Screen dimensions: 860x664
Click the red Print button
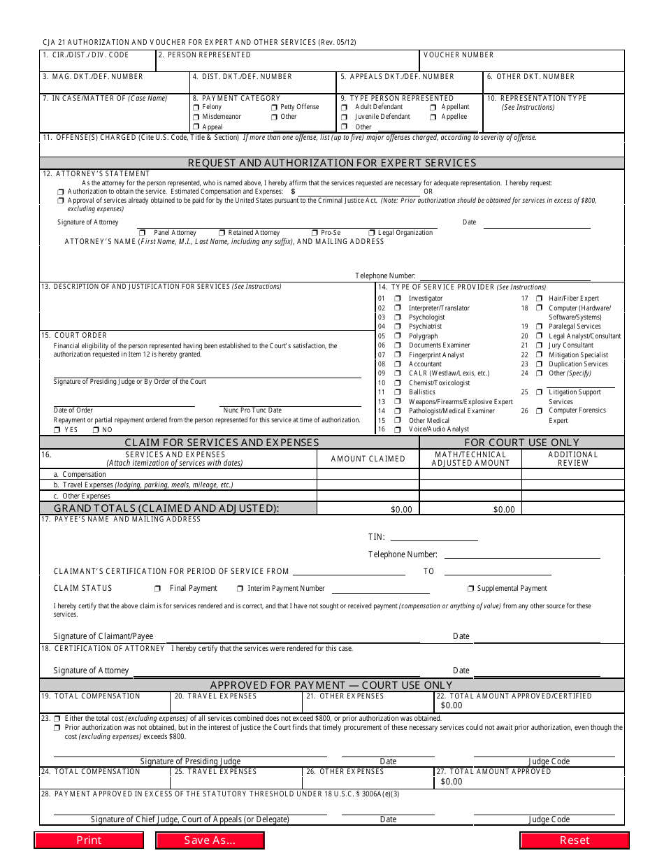pyautogui.click(x=89, y=840)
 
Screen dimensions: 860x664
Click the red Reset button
pyautogui.click(x=574, y=840)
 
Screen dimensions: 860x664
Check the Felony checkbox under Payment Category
pyautogui.click(x=196, y=108)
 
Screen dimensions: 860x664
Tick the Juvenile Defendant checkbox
pyautogui.click(x=345, y=117)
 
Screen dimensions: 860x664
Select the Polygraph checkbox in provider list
pyautogui.click(x=398, y=336)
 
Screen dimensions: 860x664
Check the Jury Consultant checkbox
pyautogui.click(x=540, y=345)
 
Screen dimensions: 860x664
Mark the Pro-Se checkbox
pyautogui.click(x=315, y=233)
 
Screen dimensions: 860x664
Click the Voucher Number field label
pyautogui.click(x=459, y=55)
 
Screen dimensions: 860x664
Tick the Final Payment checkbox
pyautogui.click(x=158, y=589)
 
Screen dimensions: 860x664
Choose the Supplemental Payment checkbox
pyautogui.click(x=471, y=589)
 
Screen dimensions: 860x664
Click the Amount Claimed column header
pyautogui.click(x=368, y=459)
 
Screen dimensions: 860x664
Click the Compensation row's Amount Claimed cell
pyautogui.click(x=368, y=474)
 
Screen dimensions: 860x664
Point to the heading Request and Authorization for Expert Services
pyautogui.click(x=332, y=163)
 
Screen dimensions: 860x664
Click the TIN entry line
pyautogui.click(x=434, y=537)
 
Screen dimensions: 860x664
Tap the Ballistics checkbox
pyautogui.click(x=398, y=392)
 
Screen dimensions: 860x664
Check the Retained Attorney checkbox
pyautogui.click(x=222, y=233)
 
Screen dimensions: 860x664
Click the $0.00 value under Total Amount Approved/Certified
pyautogui.click(x=452, y=705)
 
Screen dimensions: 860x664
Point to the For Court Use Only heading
pyautogui.click(x=522, y=442)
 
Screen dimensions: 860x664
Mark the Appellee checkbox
pyautogui.click(x=433, y=117)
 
